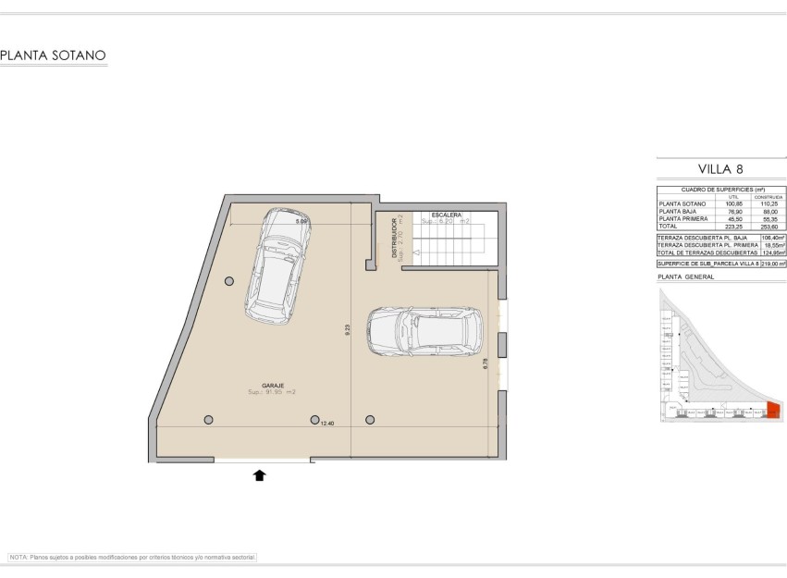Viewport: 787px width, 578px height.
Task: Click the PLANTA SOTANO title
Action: [x=54, y=55]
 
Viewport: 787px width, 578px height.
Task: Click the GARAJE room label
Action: [x=272, y=385]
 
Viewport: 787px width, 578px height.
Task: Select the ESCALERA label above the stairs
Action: [x=446, y=215]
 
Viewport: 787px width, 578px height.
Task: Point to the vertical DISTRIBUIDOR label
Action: [x=394, y=238]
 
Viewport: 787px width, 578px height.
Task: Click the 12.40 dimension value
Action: [x=326, y=423]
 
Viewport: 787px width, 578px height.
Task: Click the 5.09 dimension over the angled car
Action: [x=301, y=222]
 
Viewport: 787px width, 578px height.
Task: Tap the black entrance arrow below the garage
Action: [x=260, y=475]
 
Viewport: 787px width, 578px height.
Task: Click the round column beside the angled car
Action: [x=229, y=281]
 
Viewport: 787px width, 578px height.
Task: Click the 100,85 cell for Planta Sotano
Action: [x=734, y=203]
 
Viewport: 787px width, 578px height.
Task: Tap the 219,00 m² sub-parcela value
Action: [x=772, y=264]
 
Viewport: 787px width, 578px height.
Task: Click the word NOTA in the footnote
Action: [x=18, y=558]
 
